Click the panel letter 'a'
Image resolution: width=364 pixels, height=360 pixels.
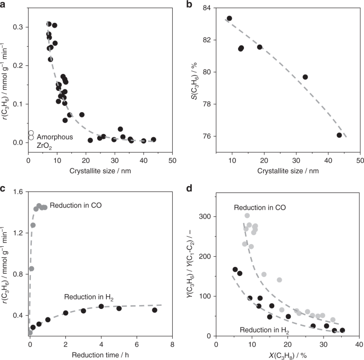[x=4, y=4]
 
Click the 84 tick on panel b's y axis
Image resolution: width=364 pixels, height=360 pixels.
[x=209, y=8]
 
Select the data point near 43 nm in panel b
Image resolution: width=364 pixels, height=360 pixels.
[x=339, y=135]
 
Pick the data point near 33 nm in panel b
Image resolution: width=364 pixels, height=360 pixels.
[x=305, y=77]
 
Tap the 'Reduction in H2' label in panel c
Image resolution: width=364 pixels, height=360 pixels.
[x=90, y=296]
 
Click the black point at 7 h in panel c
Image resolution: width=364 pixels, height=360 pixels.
[x=155, y=310]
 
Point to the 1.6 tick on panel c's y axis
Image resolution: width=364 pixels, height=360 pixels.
[x=20, y=191]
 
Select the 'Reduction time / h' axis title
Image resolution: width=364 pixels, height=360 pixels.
[x=100, y=355]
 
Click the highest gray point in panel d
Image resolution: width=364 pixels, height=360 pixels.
[x=247, y=215]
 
